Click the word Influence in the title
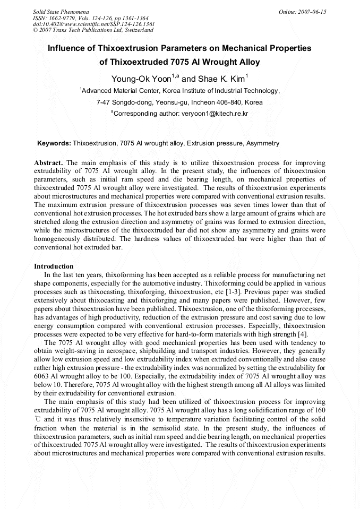click(67, 48)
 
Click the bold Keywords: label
click(54, 143)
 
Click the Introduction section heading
click(54, 266)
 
